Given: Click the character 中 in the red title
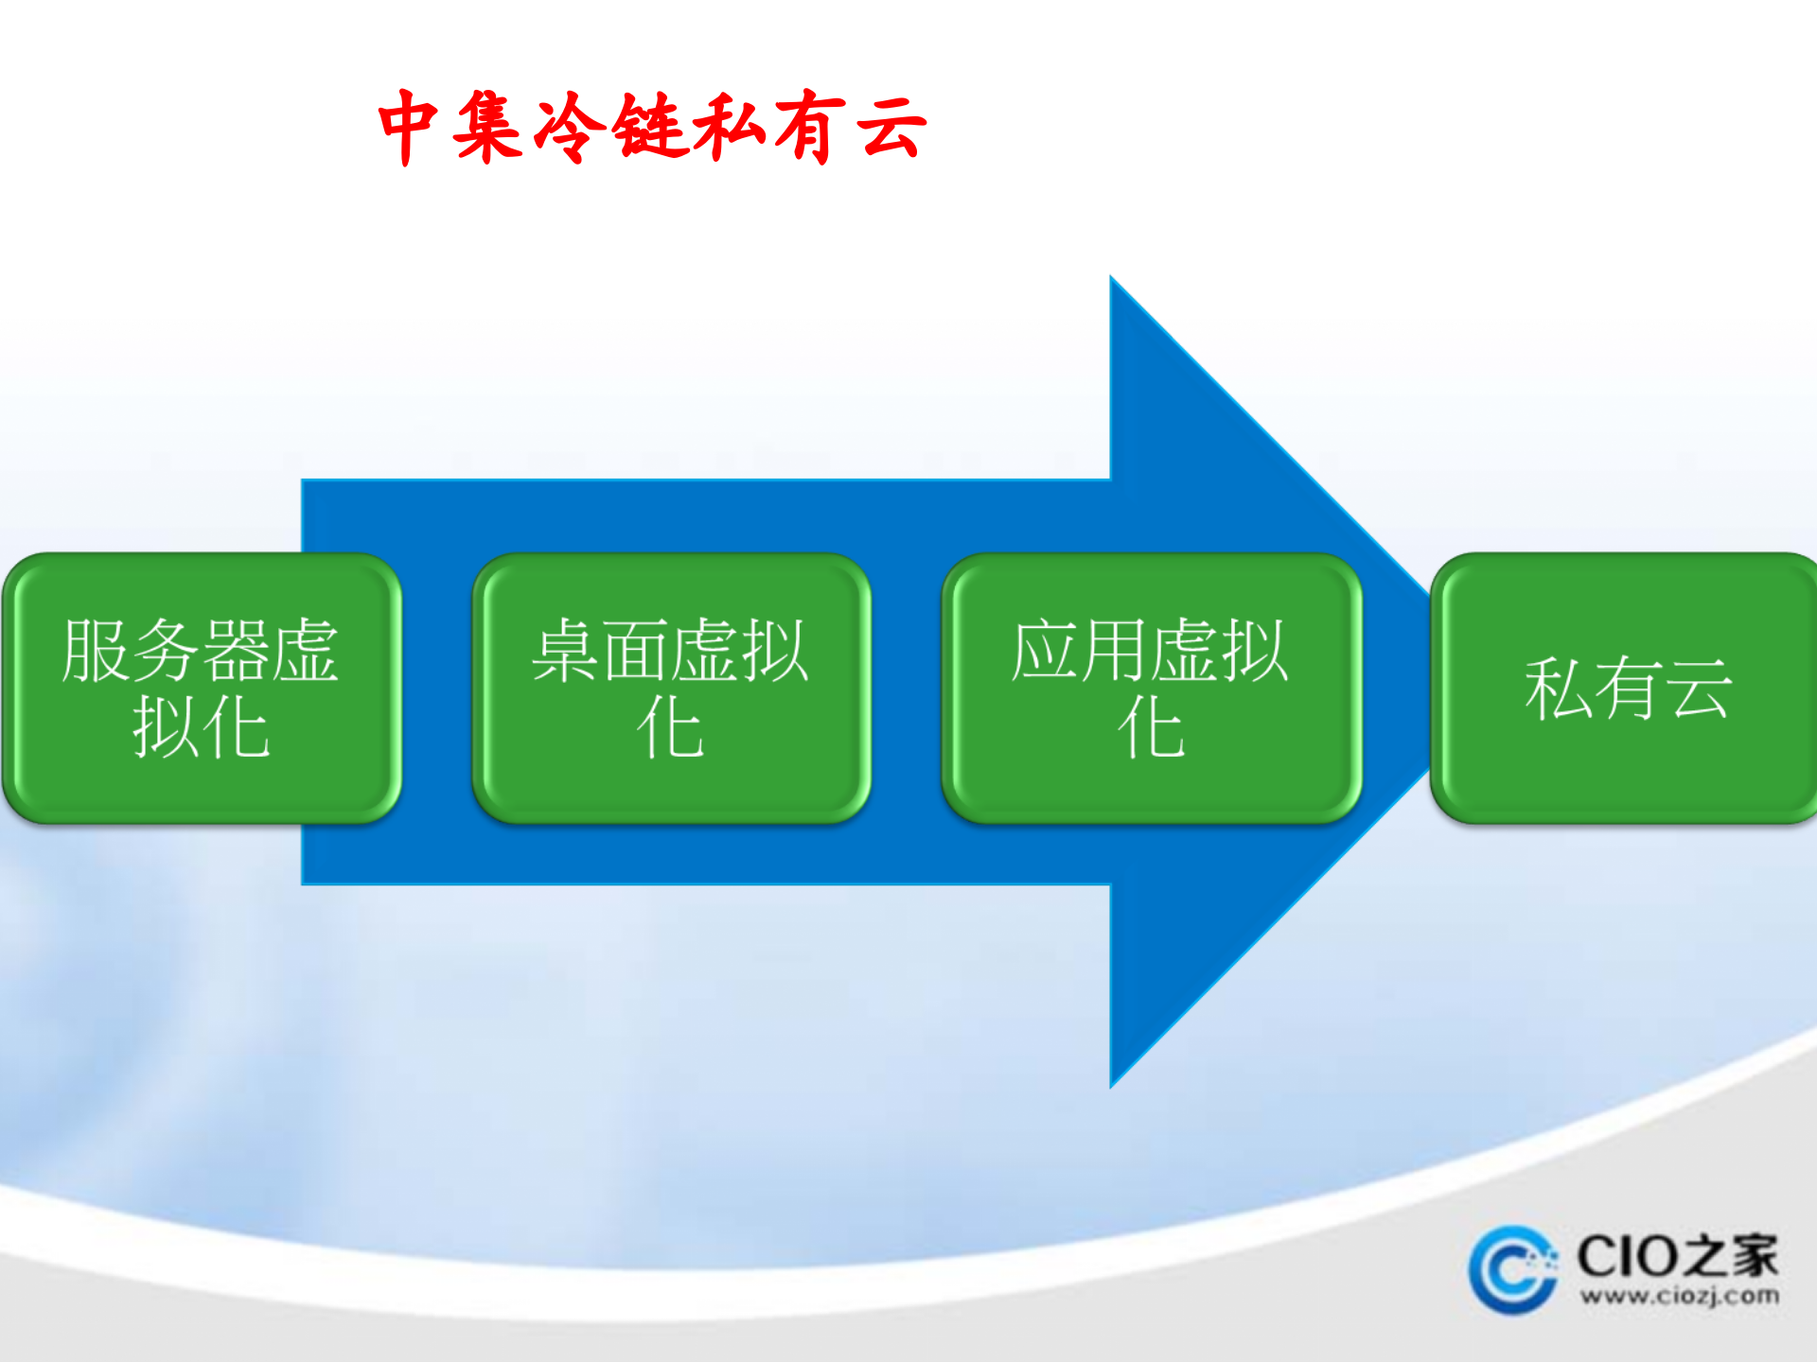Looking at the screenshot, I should click(408, 127).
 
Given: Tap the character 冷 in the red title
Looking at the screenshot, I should click(569, 127).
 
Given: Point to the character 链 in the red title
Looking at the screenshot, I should click(649, 127).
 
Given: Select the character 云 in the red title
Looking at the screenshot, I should click(891, 127).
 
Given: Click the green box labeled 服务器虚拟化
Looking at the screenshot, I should click(202, 688).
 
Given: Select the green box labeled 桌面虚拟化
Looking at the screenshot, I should click(671, 688).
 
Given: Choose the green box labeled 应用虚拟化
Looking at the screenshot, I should click(1151, 688).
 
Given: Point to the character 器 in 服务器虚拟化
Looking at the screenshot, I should click(236, 651).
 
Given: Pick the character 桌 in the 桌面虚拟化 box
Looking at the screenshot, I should click(566, 651).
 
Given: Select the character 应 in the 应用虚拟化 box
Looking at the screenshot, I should click(1046, 651).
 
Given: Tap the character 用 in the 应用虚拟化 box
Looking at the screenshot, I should click(1116, 651).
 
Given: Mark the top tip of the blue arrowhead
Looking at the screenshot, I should click(1112, 278).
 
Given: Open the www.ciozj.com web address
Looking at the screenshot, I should click(1679, 1296).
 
